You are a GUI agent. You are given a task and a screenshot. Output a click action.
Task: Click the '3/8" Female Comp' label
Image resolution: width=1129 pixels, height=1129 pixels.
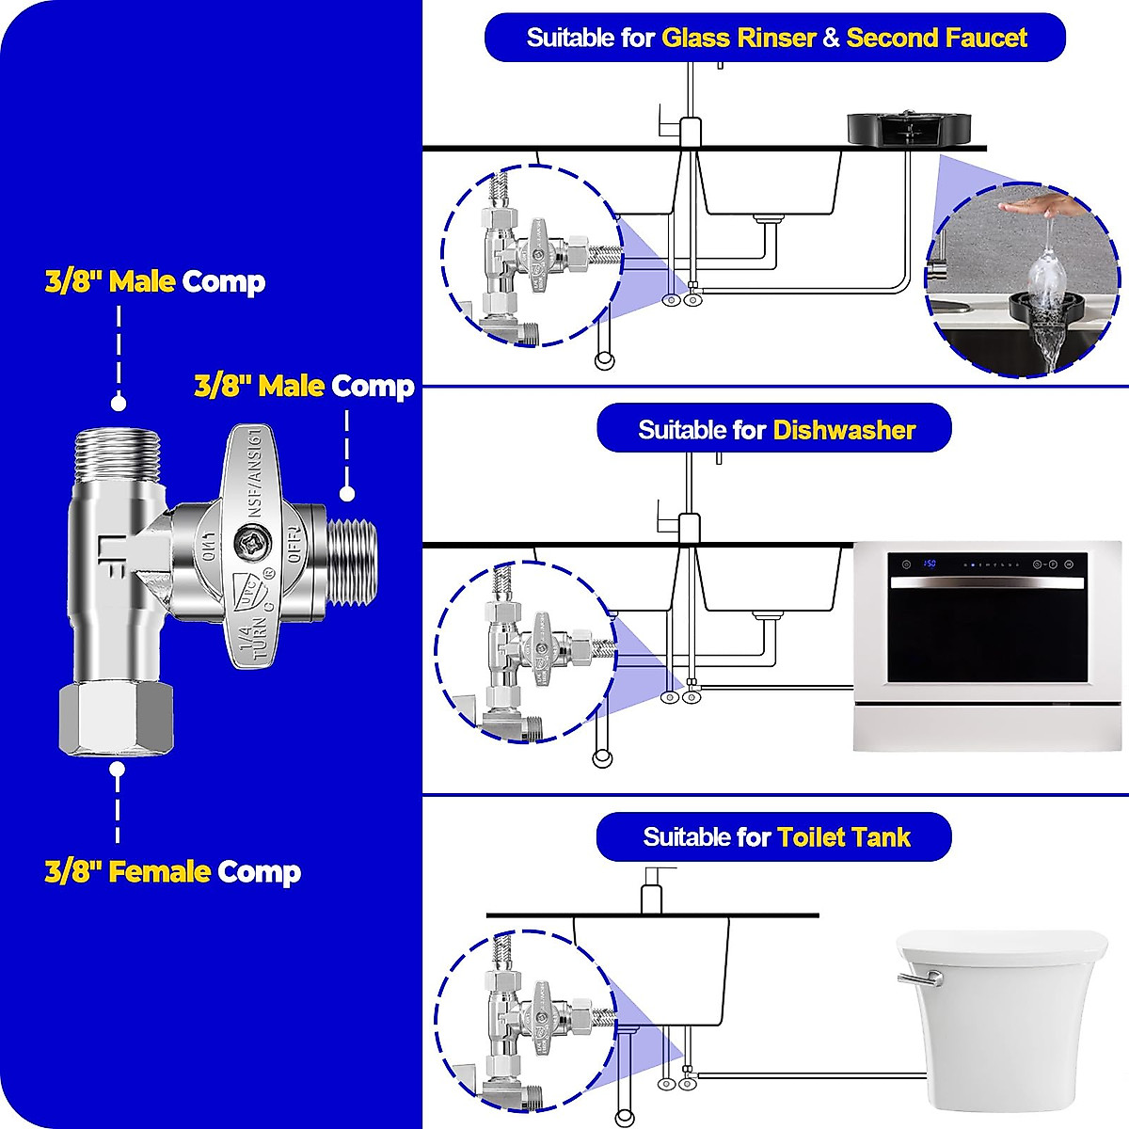(173, 871)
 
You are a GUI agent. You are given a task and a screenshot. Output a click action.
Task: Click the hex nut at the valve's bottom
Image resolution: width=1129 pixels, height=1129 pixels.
(117, 721)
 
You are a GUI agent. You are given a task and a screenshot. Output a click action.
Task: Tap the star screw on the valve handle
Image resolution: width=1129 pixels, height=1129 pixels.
(253, 545)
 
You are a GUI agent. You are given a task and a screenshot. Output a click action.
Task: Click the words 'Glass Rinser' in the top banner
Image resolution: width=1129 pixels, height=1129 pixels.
(738, 39)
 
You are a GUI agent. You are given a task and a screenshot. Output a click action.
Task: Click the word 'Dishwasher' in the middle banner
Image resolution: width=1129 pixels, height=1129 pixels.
(844, 431)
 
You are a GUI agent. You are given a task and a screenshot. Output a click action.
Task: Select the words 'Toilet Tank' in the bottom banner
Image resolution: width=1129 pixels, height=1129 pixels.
(843, 837)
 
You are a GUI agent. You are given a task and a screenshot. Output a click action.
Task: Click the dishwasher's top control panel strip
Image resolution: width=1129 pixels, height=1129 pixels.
(988, 564)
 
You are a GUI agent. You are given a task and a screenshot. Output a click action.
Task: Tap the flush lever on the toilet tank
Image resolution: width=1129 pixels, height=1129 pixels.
(917, 978)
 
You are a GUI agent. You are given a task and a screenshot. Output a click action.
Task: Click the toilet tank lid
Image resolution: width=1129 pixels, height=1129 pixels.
(1002, 944)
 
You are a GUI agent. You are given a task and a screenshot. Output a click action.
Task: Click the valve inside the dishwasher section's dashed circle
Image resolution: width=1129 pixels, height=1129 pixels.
(527, 649)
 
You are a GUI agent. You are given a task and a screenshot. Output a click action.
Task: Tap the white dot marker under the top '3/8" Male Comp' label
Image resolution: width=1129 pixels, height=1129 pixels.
(118, 403)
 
